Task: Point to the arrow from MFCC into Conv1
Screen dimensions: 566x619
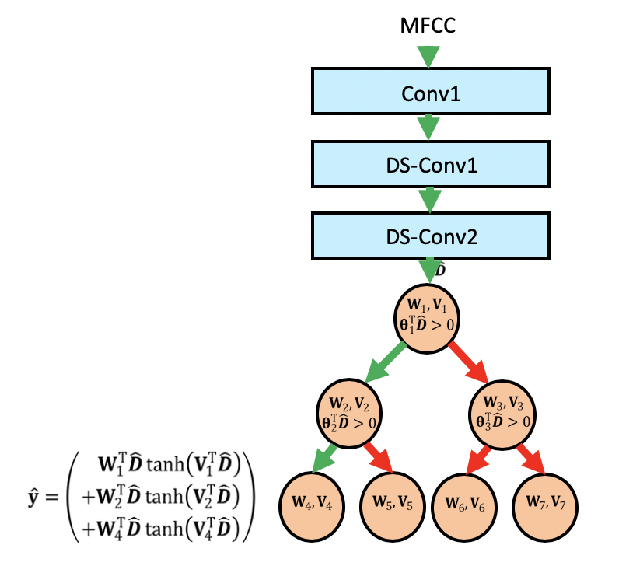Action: pyautogui.click(x=429, y=56)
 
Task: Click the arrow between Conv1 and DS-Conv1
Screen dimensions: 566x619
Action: pyautogui.click(x=429, y=127)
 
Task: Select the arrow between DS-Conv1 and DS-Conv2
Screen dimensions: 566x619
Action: pyautogui.click(x=429, y=199)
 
